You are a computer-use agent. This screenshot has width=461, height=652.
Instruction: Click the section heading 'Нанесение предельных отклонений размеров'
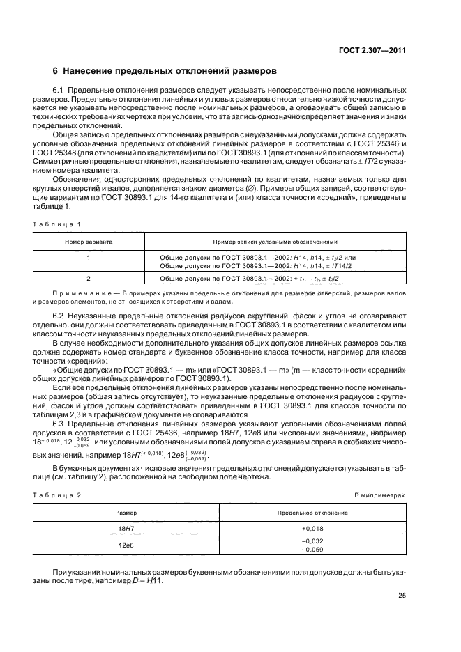165,71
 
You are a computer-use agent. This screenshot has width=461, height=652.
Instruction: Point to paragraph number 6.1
59,91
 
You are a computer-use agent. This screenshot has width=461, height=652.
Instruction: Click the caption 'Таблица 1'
54,224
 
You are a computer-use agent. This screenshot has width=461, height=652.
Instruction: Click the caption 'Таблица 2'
54,495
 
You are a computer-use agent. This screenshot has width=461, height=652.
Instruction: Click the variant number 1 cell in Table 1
89,258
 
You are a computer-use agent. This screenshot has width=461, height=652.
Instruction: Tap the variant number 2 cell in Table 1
89,279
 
